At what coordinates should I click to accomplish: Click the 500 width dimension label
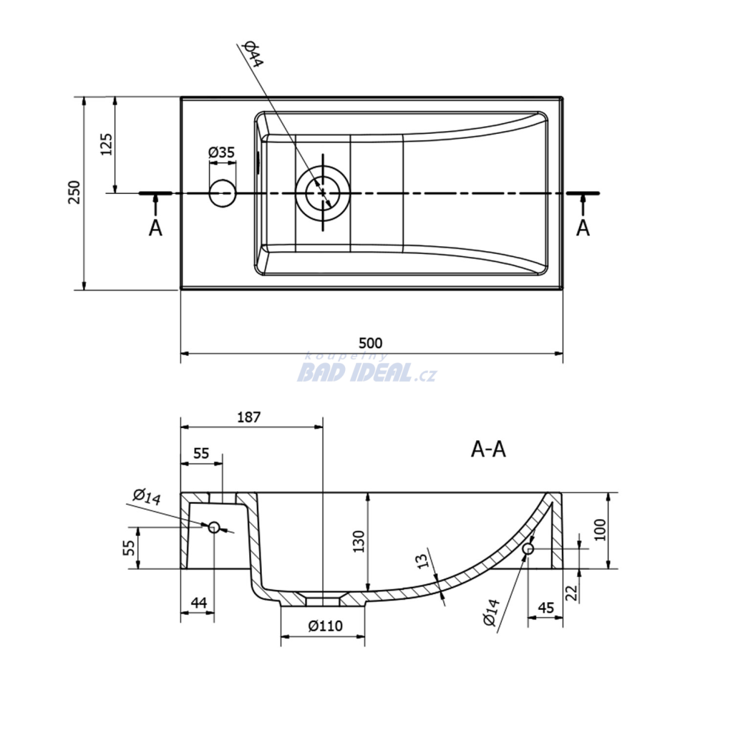(x=370, y=343)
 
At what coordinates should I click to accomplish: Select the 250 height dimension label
(x=74, y=192)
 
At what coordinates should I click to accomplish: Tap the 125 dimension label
(x=106, y=145)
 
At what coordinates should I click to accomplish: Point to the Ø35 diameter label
(x=222, y=152)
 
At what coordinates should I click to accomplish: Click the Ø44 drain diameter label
(x=253, y=54)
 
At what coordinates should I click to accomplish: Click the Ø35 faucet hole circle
(x=222, y=193)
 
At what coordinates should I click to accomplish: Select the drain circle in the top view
(x=323, y=193)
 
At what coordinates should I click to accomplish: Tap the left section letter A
(x=155, y=228)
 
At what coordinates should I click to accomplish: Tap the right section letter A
(x=583, y=228)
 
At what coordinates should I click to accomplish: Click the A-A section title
(x=488, y=450)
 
